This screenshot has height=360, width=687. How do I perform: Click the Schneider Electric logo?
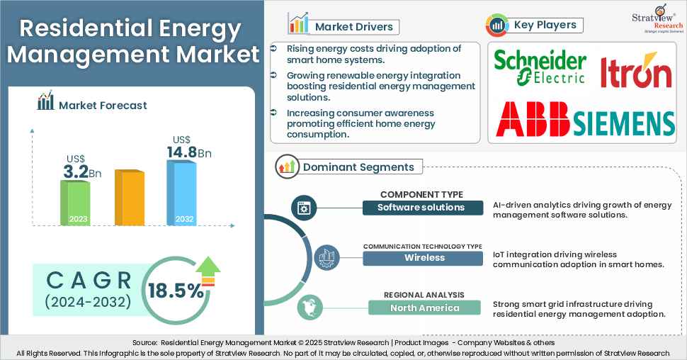[540, 67]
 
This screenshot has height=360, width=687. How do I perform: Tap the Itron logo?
[635, 71]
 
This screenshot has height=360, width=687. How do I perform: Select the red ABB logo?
[533, 119]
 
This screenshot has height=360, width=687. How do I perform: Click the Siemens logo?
[623, 123]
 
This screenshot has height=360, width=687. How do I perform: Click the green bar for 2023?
[75, 202]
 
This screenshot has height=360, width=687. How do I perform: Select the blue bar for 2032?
[181, 192]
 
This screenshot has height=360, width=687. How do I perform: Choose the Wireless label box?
[424, 257]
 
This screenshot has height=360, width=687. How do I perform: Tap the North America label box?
[424, 308]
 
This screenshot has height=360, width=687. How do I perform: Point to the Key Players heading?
[546, 25]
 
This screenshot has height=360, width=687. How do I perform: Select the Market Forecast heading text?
[103, 105]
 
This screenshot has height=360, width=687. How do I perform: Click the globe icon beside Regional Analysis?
[309, 308]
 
